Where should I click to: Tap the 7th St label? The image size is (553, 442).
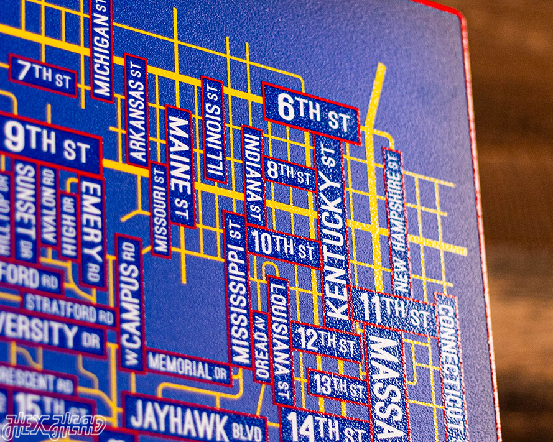(x=43, y=75)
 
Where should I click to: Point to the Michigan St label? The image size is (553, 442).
(x=101, y=50)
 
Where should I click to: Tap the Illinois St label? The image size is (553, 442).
(x=213, y=130)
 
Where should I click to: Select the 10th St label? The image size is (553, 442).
(x=284, y=247)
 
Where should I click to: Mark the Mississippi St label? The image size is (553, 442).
(x=238, y=289)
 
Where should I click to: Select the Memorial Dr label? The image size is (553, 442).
(x=187, y=367)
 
